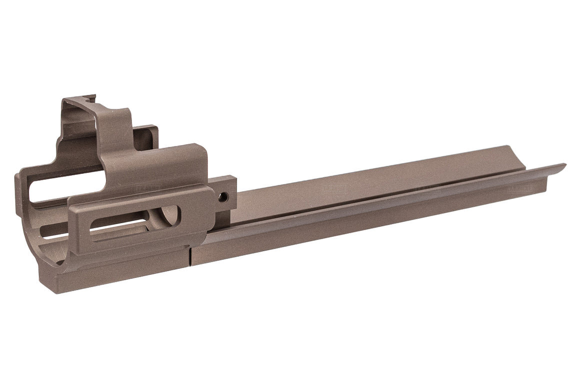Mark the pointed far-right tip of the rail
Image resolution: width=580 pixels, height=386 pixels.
coord(564,165)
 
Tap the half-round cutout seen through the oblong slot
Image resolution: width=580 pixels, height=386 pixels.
coord(170,217)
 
